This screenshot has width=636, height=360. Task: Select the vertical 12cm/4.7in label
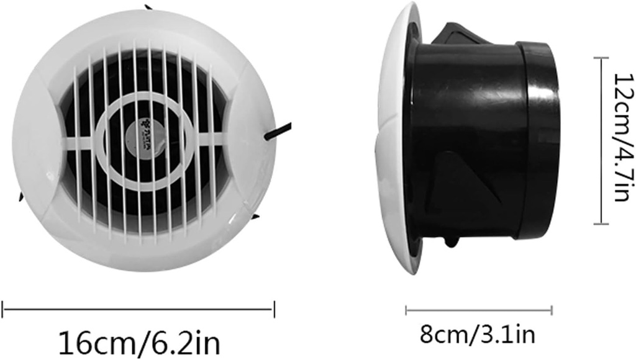click(x=622, y=141)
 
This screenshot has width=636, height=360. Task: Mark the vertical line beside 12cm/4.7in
click(x=599, y=140)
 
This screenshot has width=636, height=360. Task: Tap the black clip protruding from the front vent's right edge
click(x=276, y=131)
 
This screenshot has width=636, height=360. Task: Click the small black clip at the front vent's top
click(x=148, y=7)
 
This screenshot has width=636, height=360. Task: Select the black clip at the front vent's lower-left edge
click(x=20, y=197)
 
